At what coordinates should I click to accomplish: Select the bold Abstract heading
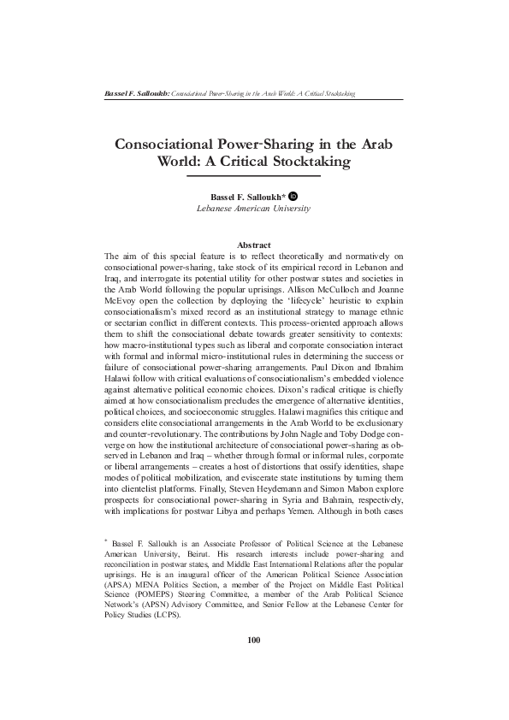point(253,245)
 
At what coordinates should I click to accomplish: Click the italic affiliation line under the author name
point(253,208)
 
